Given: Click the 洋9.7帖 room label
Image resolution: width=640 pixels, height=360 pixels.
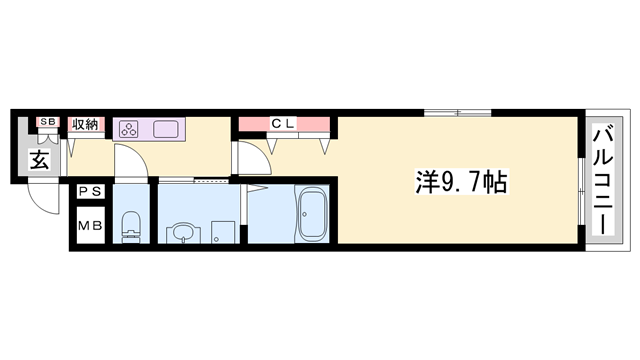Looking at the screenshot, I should click(460, 182).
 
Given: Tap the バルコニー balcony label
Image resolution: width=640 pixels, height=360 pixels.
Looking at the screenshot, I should click(603, 181).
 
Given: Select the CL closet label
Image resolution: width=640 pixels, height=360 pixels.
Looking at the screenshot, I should click(283, 124).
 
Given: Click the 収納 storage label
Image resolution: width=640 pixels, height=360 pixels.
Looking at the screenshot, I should click(85, 125).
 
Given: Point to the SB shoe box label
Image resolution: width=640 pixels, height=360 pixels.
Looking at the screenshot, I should click(47, 122).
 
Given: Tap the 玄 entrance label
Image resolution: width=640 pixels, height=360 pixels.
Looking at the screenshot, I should click(39, 159).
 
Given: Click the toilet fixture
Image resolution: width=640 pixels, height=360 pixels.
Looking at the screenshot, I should click(129, 226).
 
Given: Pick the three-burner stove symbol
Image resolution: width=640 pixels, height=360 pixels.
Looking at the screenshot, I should click(130, 128).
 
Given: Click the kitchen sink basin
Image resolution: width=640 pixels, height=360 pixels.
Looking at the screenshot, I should click(165, 128).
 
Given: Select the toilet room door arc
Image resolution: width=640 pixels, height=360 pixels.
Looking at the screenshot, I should click(131, 161).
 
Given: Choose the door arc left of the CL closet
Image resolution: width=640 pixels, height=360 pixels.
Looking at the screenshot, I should click(250, 156).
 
